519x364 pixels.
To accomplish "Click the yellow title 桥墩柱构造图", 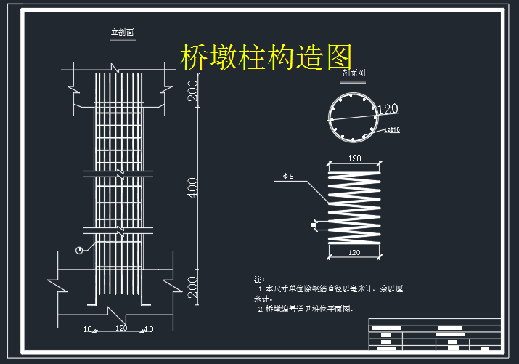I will click(x=266, y=57).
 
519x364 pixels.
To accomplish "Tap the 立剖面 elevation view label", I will click(x=122, y=33).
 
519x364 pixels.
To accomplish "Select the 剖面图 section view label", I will click(x=354, y=73).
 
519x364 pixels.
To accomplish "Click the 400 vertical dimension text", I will click(x=192, y=188).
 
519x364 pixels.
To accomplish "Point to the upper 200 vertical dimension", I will click(x=192, y=92).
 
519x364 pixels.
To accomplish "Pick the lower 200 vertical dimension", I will click(x=192, y=288).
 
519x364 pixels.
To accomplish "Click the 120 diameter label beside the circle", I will click(x=388, y=110).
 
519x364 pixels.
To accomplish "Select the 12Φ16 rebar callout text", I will click(x=391, y=130).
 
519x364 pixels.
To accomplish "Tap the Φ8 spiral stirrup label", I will click(x=287, y=177).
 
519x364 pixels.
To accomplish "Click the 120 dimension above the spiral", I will click(x=354, y=158).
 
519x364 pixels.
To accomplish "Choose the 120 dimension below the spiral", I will click(x=354, y=253).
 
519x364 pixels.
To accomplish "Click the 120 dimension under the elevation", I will click(x=120, y=329).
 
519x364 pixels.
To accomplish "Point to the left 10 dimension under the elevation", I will click(x=88, y=330).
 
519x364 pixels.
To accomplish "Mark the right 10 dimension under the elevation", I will click(x=148, y=330).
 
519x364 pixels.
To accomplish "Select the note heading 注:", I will click(x=258, y=279).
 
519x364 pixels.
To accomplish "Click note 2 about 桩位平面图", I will click(x=305, y=309).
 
